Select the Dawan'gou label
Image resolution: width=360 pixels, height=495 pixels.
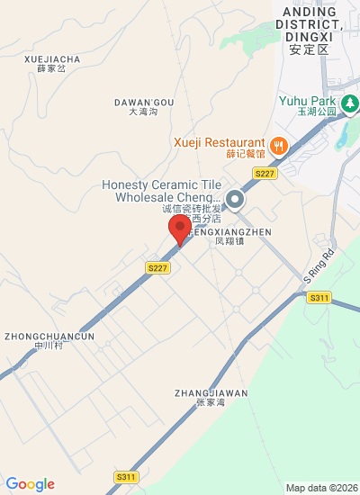(x=143, y=106)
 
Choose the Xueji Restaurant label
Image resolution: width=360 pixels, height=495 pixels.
(x=220, y=147)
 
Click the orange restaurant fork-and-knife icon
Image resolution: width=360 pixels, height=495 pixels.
(x=279, y=144)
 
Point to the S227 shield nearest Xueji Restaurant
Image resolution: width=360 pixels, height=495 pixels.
(x=264, y=173)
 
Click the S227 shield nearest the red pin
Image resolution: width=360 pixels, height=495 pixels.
(x=157, y=267)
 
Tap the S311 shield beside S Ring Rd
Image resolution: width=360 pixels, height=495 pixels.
(x=319, y=297)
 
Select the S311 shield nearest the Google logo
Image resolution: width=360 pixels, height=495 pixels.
(x=126, y=476)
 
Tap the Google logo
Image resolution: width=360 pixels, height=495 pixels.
(x=30, y=484)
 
